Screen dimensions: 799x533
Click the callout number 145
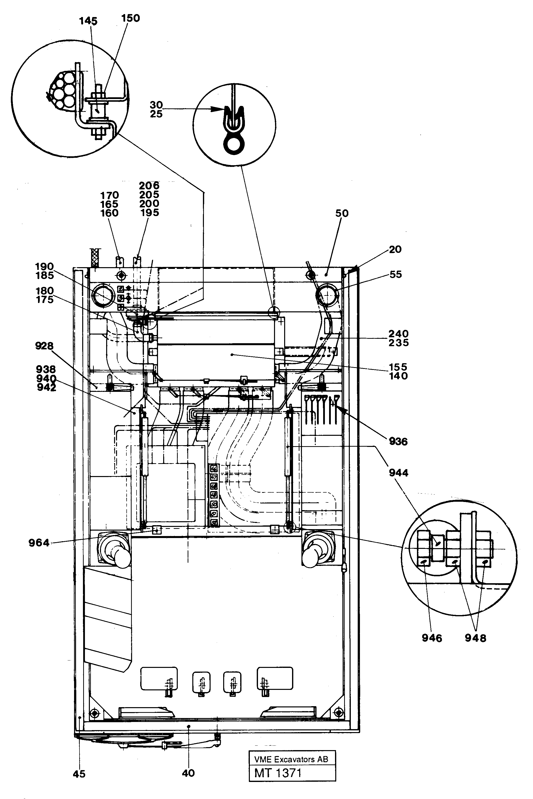(x=88, y=21)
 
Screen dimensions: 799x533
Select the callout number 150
(x=131, y=18)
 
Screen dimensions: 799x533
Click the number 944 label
(x=398, y=473)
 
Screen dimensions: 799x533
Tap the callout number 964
(x=39, y=543)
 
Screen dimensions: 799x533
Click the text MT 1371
(x=278, y=773)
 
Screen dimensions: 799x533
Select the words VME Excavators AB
(x=291, y=759)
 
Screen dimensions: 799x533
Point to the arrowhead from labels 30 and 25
(x=219, y=109)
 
